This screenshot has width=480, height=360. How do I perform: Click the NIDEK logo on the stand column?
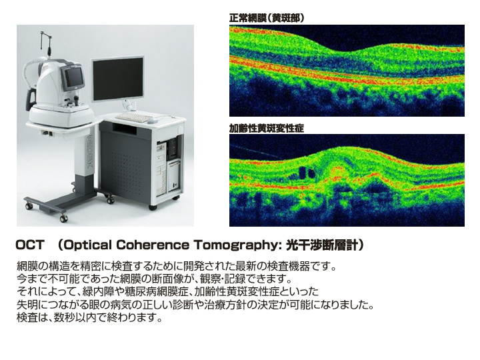coord(89,151)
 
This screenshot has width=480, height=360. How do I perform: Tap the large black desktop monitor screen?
coord(117,79)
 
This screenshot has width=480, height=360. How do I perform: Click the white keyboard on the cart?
coord(133,117)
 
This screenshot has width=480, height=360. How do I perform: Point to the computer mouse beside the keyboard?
coord(152,121)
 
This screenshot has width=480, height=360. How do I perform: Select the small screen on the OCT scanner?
coord(73,77)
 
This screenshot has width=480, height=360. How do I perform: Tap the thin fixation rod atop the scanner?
coord(44,43)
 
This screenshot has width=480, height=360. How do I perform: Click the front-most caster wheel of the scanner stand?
coord(63,219)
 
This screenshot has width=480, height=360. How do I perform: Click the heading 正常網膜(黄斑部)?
coord(267,19)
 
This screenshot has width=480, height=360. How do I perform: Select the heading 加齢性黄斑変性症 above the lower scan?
coord(266,128)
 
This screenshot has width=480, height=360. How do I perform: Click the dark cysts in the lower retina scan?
coord(305,173)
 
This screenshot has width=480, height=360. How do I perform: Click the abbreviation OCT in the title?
coord(30,245)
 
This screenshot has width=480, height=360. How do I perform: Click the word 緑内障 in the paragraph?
coord(98,291)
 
